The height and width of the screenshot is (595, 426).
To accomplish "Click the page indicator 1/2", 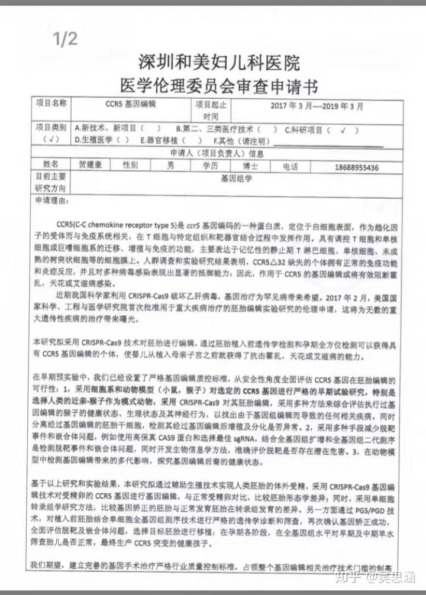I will click(x=65, y=40).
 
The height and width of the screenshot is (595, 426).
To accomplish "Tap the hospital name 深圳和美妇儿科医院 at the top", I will click(x=219, y=62).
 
